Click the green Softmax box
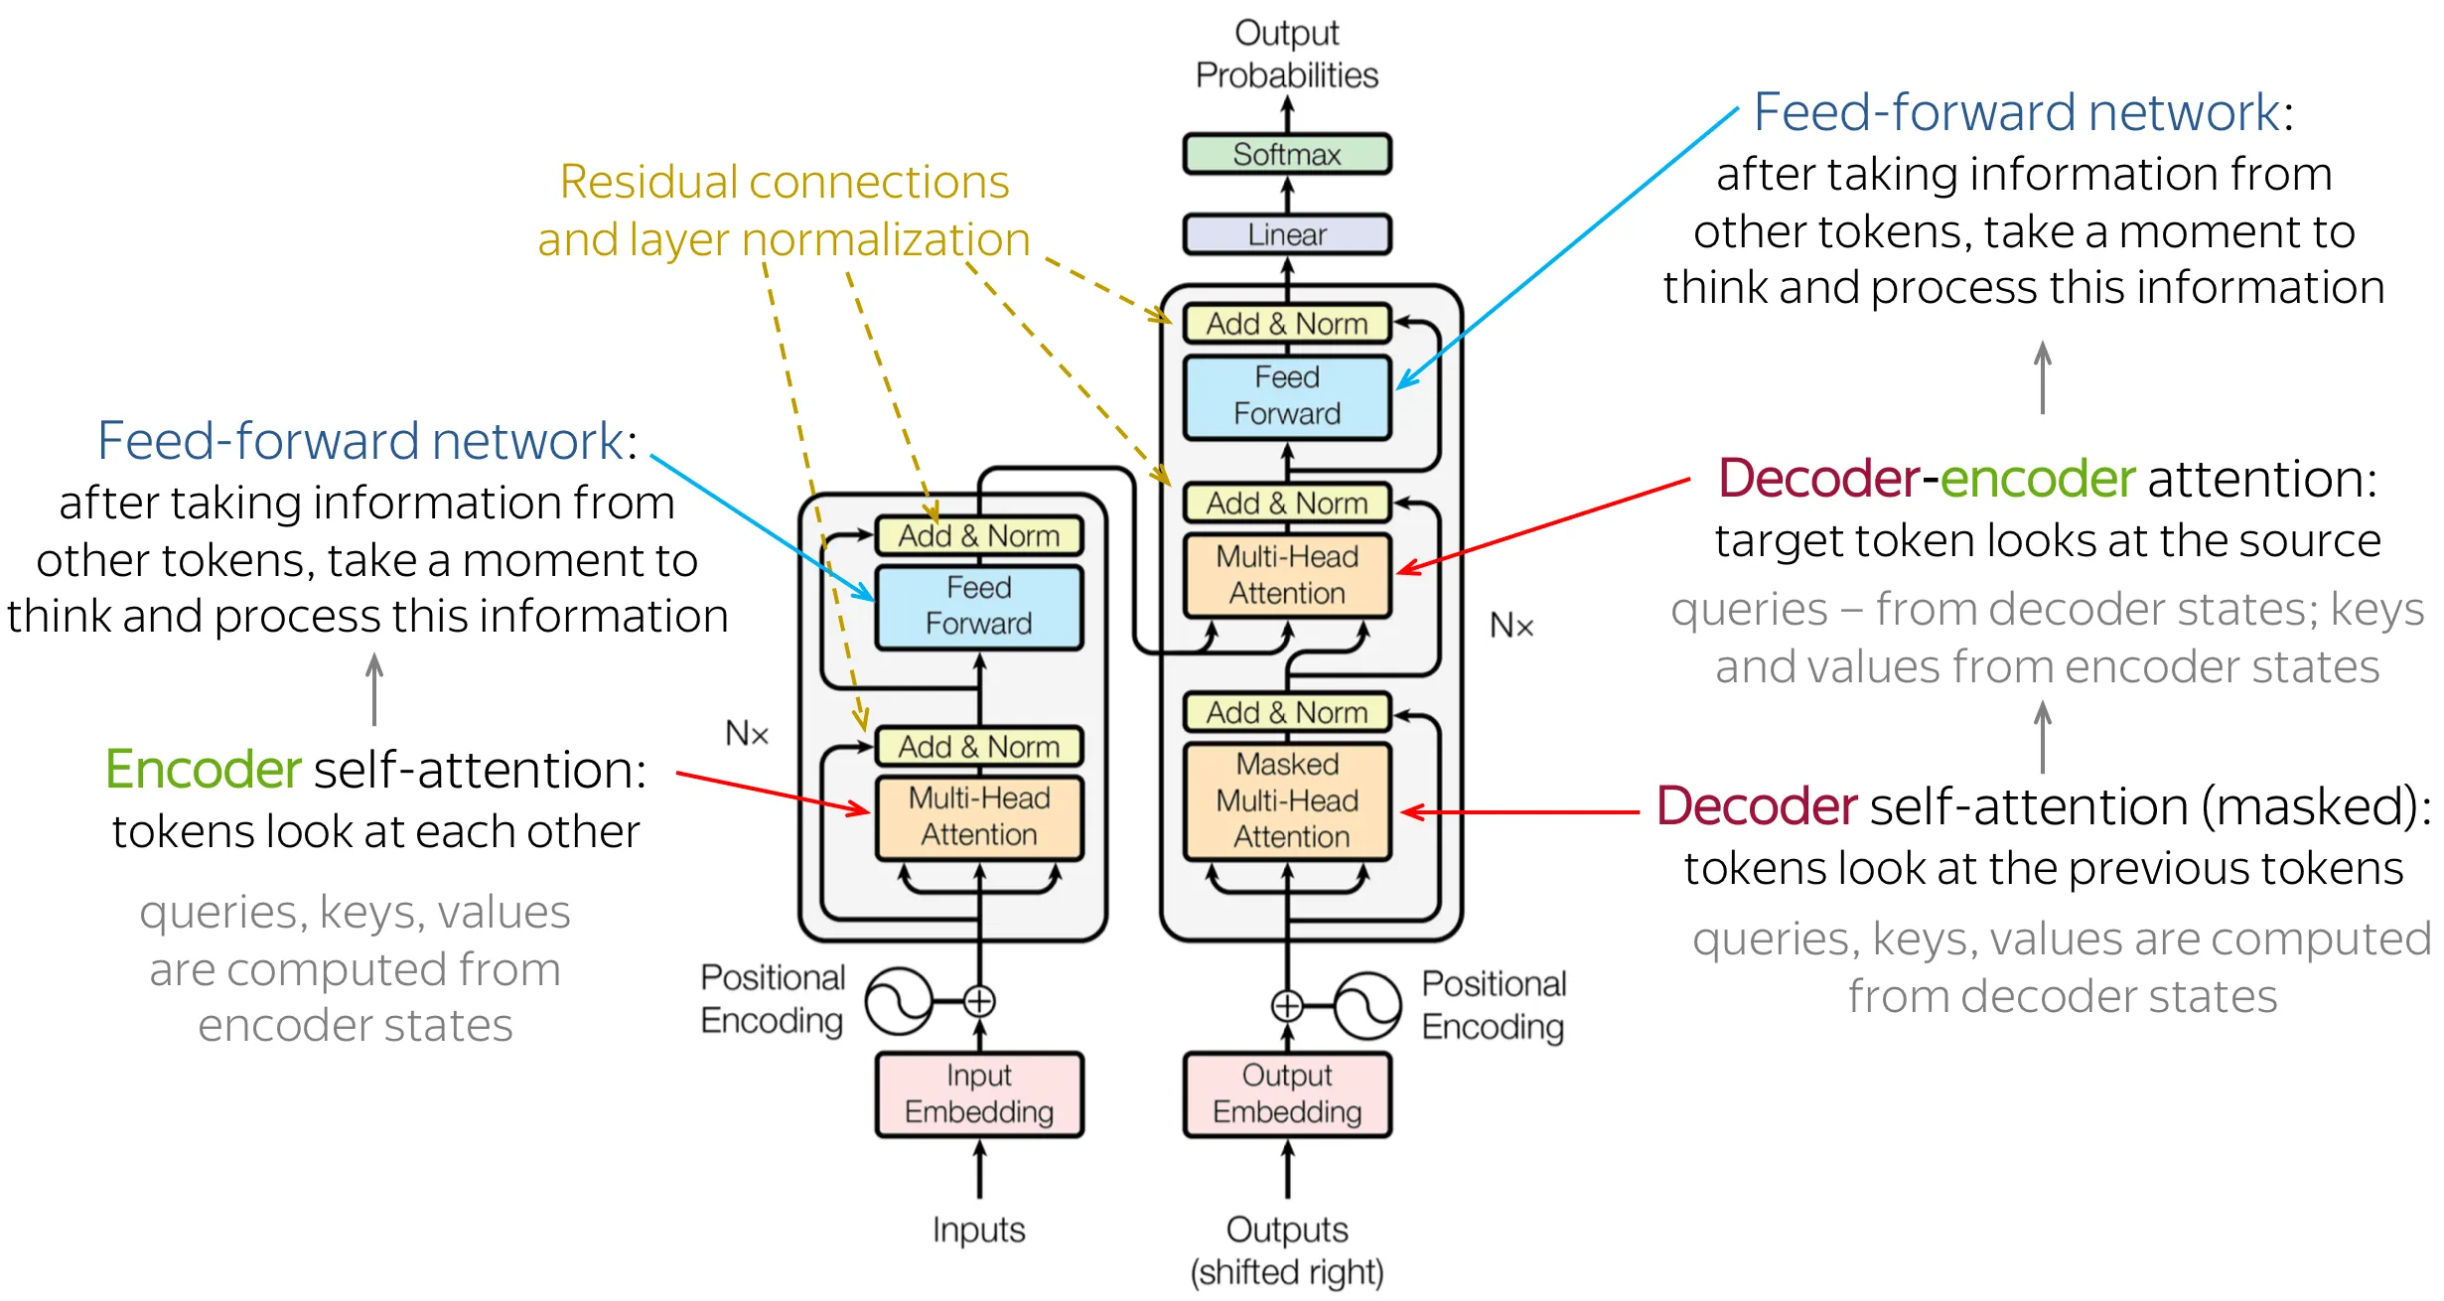[1286, 154]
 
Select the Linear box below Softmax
[1286, 234]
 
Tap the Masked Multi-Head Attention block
[1287, 800]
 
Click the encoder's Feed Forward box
[978, 606]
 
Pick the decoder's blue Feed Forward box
[1286, 396]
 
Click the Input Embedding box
[978, 1093]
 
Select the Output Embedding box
[1286, 1093]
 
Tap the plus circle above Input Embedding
[979, 1001]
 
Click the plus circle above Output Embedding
[1287, 1006]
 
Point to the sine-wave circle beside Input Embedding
[899, 1001]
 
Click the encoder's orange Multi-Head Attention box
[978, 816]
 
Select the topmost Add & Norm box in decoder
[1286, 324]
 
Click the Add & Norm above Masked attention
[1286, 712]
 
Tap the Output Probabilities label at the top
[1286, 54]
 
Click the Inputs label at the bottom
[978, 1229]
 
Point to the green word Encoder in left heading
[203, 770]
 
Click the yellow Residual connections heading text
[784, 183]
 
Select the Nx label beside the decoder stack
[1510, 626]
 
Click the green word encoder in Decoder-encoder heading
[2037, 479]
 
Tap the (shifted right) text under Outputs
[1286, 1272]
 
